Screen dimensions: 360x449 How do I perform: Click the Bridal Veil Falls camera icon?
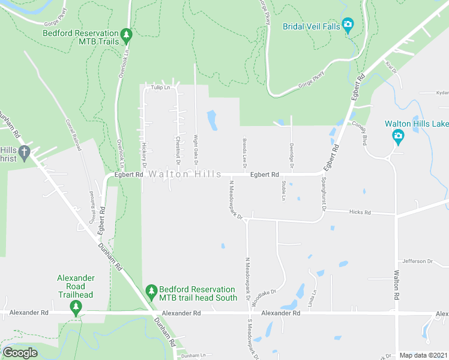(x=348, y=25)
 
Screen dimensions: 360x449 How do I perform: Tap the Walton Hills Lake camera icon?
(x=398, y=137)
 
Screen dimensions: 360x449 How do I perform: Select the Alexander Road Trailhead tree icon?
(x=76, y=308)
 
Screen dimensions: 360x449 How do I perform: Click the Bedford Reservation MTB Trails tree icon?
(x=126, y=36)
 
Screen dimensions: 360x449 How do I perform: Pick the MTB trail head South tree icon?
(x=152, y=293)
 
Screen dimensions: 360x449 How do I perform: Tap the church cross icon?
(x=24, y=153)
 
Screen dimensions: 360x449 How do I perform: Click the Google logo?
(x=20, y=353)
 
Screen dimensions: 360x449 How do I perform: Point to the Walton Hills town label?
(x=184, y=174)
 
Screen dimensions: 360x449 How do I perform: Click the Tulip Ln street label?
(x=160, y=88)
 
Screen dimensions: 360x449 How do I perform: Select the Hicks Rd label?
(x=361, y=212)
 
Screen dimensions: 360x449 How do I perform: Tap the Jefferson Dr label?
(x=417, y=261)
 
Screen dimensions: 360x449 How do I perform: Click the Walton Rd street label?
(x=397, y=285)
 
